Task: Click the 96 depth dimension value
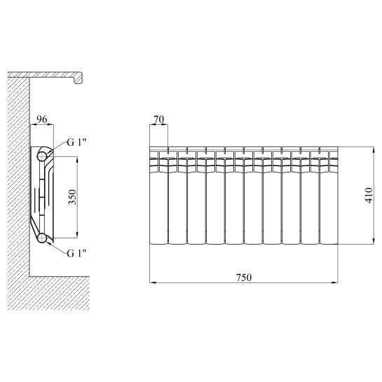pos(41,119)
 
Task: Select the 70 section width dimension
pos(159,119)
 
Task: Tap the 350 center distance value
pos(72,197)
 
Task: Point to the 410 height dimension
pos(369,195)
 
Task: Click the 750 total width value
pos(244,278)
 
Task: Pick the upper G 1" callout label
pos(76,142)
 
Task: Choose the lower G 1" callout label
pos(76,253)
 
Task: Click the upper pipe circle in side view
pos(42,156)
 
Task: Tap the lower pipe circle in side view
pos(42,238)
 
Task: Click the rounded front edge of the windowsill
pos(79,79)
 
